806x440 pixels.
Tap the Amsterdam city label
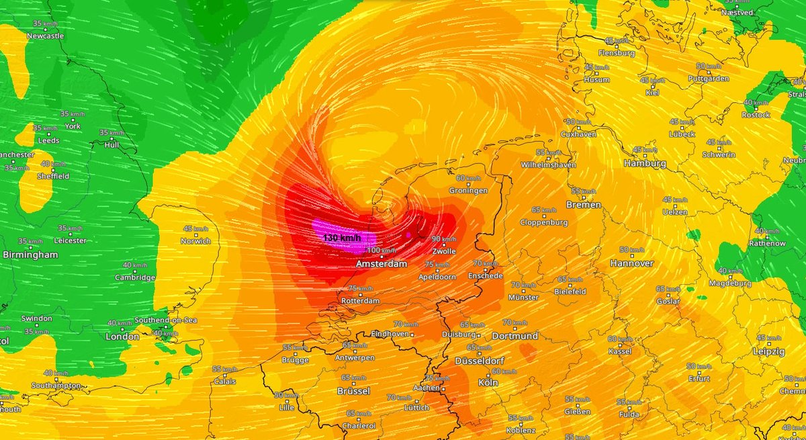pos(382,264)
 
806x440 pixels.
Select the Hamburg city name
pos(643,163)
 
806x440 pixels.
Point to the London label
pos(123,337)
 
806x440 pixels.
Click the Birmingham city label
pos(30,255)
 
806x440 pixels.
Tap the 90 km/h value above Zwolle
pos(445,239)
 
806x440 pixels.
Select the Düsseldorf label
pos(479,361)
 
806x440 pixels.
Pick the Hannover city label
pos(631,263)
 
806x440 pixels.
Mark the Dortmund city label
pos(514,335)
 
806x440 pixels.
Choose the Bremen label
pos(582,204)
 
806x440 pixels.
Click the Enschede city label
pos(487,275)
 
